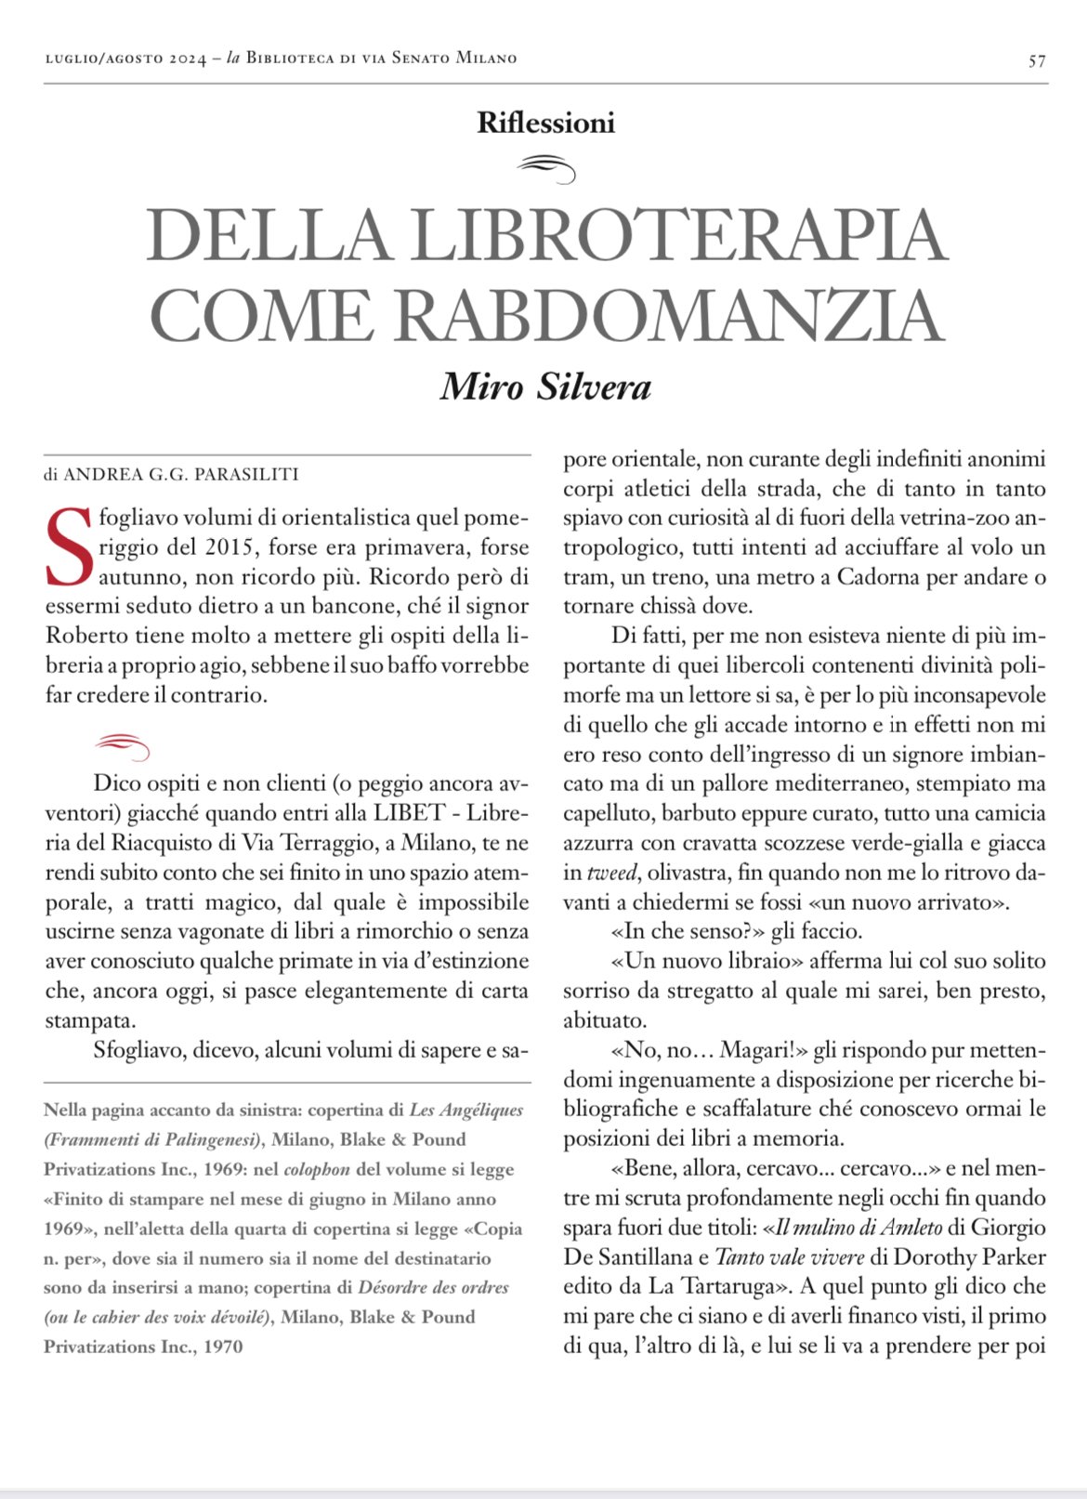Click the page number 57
[1037, 61]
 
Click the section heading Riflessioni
[545, 123]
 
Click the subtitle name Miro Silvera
[545, 387]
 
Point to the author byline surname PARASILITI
[246, 475]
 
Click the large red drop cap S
[69, 547]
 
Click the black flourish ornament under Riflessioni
[546, 168]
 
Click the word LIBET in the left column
[409, 813]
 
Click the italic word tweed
[612, 873]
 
